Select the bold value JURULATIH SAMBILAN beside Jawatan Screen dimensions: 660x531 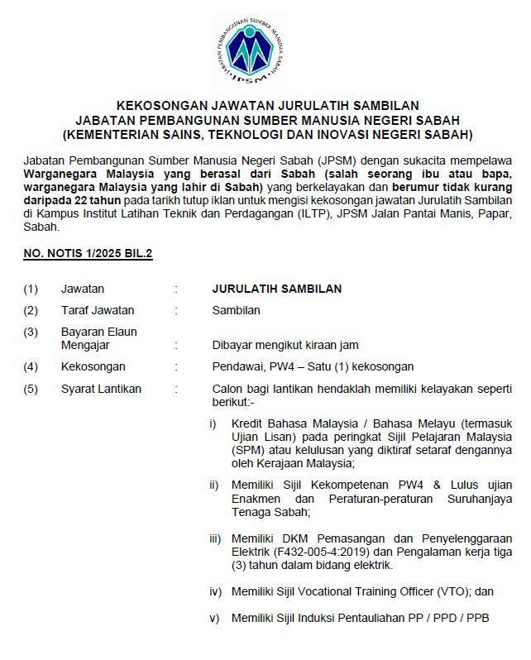click(x=277, y=289)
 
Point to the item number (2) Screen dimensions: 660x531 click(x=31, y=310)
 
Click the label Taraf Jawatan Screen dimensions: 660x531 click(x=98, y=310)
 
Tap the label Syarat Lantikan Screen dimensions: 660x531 click(x=101, y=389)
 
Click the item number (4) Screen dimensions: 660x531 click(x=31, y=366)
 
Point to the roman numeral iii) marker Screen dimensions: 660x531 click(x=215, y=538)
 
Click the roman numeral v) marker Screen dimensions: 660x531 click(x=213, y=617)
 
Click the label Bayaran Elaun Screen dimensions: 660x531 click(x=99, y=332)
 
